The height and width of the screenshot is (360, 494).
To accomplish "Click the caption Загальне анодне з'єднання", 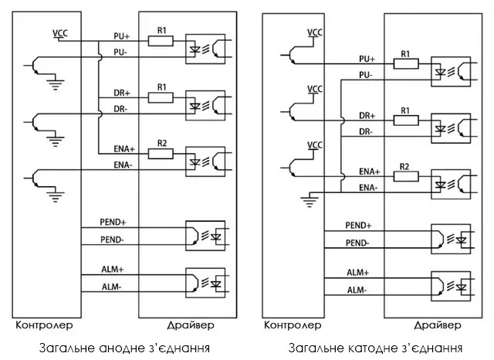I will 123,348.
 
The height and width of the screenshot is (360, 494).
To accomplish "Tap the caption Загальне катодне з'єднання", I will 376,348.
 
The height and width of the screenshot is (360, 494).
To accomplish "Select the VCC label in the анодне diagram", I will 59,33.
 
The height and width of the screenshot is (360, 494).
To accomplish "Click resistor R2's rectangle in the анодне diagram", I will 161,153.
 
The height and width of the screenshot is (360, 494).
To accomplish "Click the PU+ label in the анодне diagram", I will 121,36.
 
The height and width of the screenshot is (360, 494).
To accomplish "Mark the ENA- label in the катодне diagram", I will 367,187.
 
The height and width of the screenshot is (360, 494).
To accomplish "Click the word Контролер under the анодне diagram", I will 43,324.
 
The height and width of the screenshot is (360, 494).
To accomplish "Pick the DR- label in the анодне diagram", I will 121,110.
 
